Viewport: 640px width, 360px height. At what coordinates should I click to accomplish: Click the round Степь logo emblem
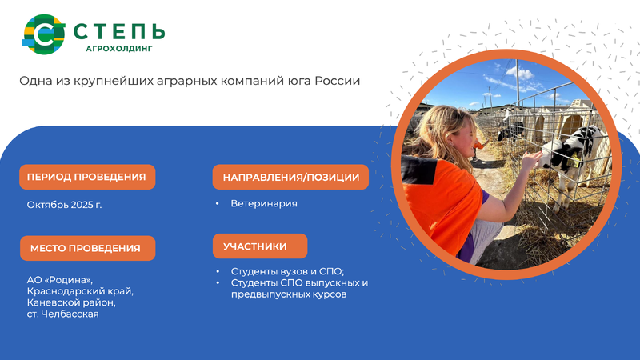pyautogui.click(x=44, y=34)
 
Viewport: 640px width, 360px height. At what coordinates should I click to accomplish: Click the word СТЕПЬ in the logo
pyautogui.click(x=119, y=31)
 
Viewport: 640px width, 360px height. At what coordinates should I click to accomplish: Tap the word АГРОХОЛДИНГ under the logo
pyautogui.click(x=119, y=49)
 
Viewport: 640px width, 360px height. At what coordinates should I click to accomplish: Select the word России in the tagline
pyautogui.click(x=337, y=81)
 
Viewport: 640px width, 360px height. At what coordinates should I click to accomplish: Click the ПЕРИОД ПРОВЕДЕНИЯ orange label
pyautogui.click(x=87, y=177)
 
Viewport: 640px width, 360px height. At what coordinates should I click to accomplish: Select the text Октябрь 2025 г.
pyautogui.click(x=64, y=205)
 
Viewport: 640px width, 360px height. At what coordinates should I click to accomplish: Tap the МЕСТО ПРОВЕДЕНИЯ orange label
pyautogui.click(x=88, y=248)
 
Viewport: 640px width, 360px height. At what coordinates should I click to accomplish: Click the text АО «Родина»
pyautogui.click(x=60, y=280)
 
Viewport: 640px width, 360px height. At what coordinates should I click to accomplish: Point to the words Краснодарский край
pyautogui.click(x=81, y=291)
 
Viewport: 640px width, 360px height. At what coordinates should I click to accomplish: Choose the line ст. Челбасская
pyautogui.click(x=63, y=314)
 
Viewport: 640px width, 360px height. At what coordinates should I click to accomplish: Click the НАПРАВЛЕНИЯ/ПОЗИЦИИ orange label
pyautogui.click(x=290, y=177)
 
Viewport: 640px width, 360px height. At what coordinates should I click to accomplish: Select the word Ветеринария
pyautogui.click(x=264, y=203)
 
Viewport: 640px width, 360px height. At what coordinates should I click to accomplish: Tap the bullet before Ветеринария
pyautogui.click(x=218, y=203)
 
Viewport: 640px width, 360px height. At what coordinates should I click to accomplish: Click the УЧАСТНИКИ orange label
pyautogui.click(x=260, y=246)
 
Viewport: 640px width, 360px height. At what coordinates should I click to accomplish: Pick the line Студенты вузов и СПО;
pyautogui.click(x=288, y=271)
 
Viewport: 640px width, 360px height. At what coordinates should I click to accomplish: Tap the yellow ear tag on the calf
pyautogui.click(x=574, y=162)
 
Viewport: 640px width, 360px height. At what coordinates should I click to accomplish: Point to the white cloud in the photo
pyautogui.click(x=519, y=73)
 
